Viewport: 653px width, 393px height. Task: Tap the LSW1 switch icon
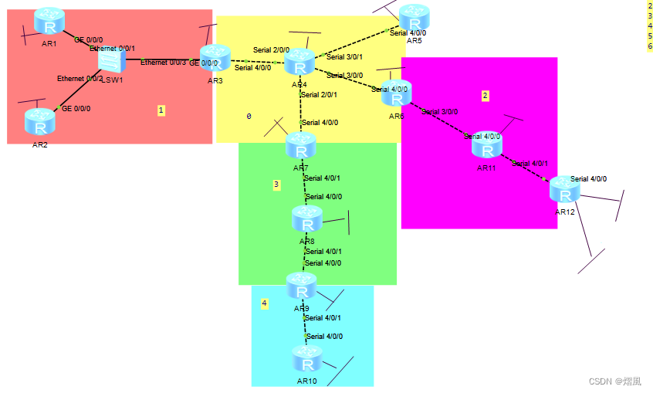point(112,61)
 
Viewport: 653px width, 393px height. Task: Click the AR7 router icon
point(300,147)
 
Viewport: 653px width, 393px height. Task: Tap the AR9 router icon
point(302,288)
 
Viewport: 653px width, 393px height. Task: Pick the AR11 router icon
point(487,147)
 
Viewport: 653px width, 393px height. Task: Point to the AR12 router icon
point(564,191)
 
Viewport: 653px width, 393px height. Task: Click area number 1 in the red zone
point(161,110)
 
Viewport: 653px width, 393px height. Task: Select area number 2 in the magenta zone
point(485,96)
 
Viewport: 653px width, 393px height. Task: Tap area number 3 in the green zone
point(276,185)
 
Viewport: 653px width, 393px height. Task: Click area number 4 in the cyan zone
point(264,303)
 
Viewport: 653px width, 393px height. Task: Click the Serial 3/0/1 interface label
point(344,57)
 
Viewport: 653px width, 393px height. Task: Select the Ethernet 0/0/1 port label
point(112,48)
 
